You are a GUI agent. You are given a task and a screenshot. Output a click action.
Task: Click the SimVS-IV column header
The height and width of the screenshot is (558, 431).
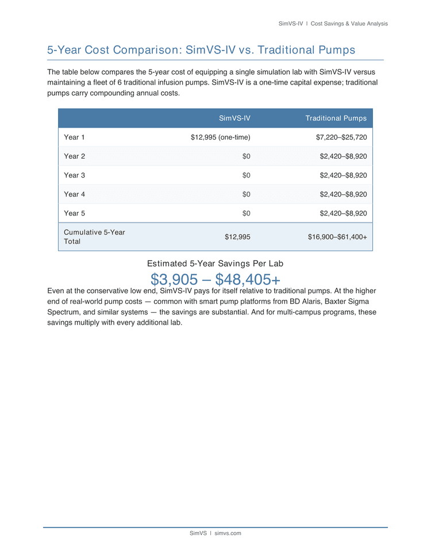[234, 118]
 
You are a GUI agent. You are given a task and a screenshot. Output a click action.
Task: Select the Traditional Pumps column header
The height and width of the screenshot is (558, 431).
[336, 118]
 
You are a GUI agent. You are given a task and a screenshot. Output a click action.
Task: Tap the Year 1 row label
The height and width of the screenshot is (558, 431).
[75, 137]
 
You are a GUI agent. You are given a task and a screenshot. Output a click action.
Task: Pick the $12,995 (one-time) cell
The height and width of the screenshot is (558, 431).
[220, 137]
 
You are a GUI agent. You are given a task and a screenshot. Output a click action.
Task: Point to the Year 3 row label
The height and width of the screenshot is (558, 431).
[75, 175]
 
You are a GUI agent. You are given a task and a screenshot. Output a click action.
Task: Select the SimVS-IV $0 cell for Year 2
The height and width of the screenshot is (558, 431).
[246, 156]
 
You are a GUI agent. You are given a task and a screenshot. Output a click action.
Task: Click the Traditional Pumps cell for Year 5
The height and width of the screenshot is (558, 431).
[343, 213]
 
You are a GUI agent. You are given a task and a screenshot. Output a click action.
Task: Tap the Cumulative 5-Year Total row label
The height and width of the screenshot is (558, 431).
[94, 237]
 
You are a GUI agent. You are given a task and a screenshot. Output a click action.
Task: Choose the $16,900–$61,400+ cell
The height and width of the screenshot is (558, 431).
[337, 237]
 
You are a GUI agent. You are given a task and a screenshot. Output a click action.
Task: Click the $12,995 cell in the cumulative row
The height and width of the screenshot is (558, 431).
[237, 237]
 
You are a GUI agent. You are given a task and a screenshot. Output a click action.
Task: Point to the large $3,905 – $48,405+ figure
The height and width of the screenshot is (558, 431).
[215, 280]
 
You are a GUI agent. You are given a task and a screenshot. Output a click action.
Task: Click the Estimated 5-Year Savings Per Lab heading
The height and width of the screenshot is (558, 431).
[215, 263]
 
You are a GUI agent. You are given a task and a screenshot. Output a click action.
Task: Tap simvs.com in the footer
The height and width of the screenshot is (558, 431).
[228, 533]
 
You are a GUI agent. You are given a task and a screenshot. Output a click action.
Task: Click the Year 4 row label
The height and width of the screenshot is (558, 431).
[75, 194]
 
